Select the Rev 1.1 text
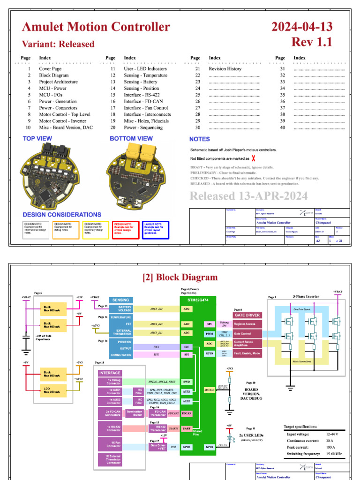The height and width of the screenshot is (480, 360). click(x=312, y=42)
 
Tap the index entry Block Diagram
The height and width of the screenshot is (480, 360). click(x=51, y=75)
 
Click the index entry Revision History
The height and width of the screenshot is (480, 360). click(x=225, y=68)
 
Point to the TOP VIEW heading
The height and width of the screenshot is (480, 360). click(x=37, y=139)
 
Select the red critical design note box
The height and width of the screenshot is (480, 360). click(x=126, y=230)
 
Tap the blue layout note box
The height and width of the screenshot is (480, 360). click(x=156, y=230)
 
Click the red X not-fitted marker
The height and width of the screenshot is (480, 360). click(x=254, y=159)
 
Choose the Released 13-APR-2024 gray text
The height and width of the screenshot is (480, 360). click(x=248, y=196)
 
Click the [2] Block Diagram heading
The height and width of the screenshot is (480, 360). click(x=180, y=277)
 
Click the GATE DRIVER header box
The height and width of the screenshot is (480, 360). click(x=247, y=315)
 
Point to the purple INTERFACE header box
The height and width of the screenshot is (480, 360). click(x=110, y=373)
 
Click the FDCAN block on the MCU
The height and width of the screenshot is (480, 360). click(x=187, y=413)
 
